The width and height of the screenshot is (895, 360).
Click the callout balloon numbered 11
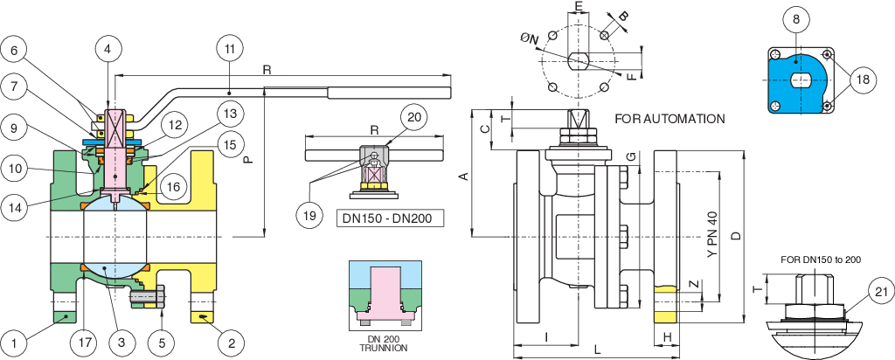pos(229,50)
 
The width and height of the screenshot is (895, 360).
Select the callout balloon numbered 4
pos(108,50)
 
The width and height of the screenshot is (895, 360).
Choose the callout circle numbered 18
pos(863,80)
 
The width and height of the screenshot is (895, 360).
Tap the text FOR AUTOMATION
pos(670,118)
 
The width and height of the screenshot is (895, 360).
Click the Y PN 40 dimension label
pos(711,234)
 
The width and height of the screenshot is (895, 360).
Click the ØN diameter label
pos(530,38)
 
